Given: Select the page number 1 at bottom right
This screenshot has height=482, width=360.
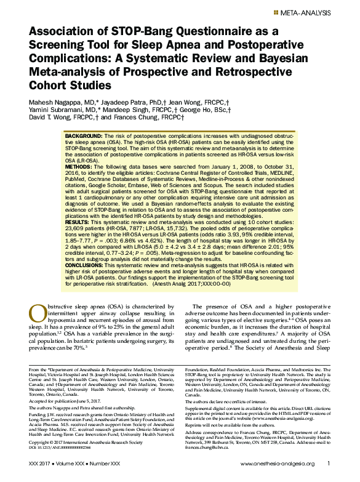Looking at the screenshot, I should point(329,463).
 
